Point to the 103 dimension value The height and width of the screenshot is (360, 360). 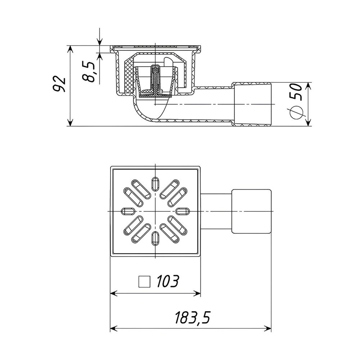(x=167, y=282)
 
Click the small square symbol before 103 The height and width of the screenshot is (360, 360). (x=144, y=282)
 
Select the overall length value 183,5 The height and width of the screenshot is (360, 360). (x=192, y=318)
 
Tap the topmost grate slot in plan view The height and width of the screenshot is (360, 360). (x=155, y=183)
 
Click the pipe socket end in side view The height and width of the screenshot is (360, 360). (x=252, y=104)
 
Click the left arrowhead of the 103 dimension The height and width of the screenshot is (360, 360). (x=112, y=294)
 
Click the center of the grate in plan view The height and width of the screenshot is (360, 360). (x=155, y=210)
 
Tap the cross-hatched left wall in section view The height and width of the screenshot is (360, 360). (x=128, y=77)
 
